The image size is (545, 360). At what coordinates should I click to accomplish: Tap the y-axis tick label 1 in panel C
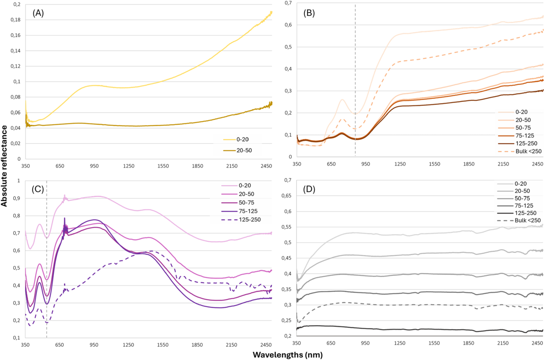(x=19, y=181)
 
